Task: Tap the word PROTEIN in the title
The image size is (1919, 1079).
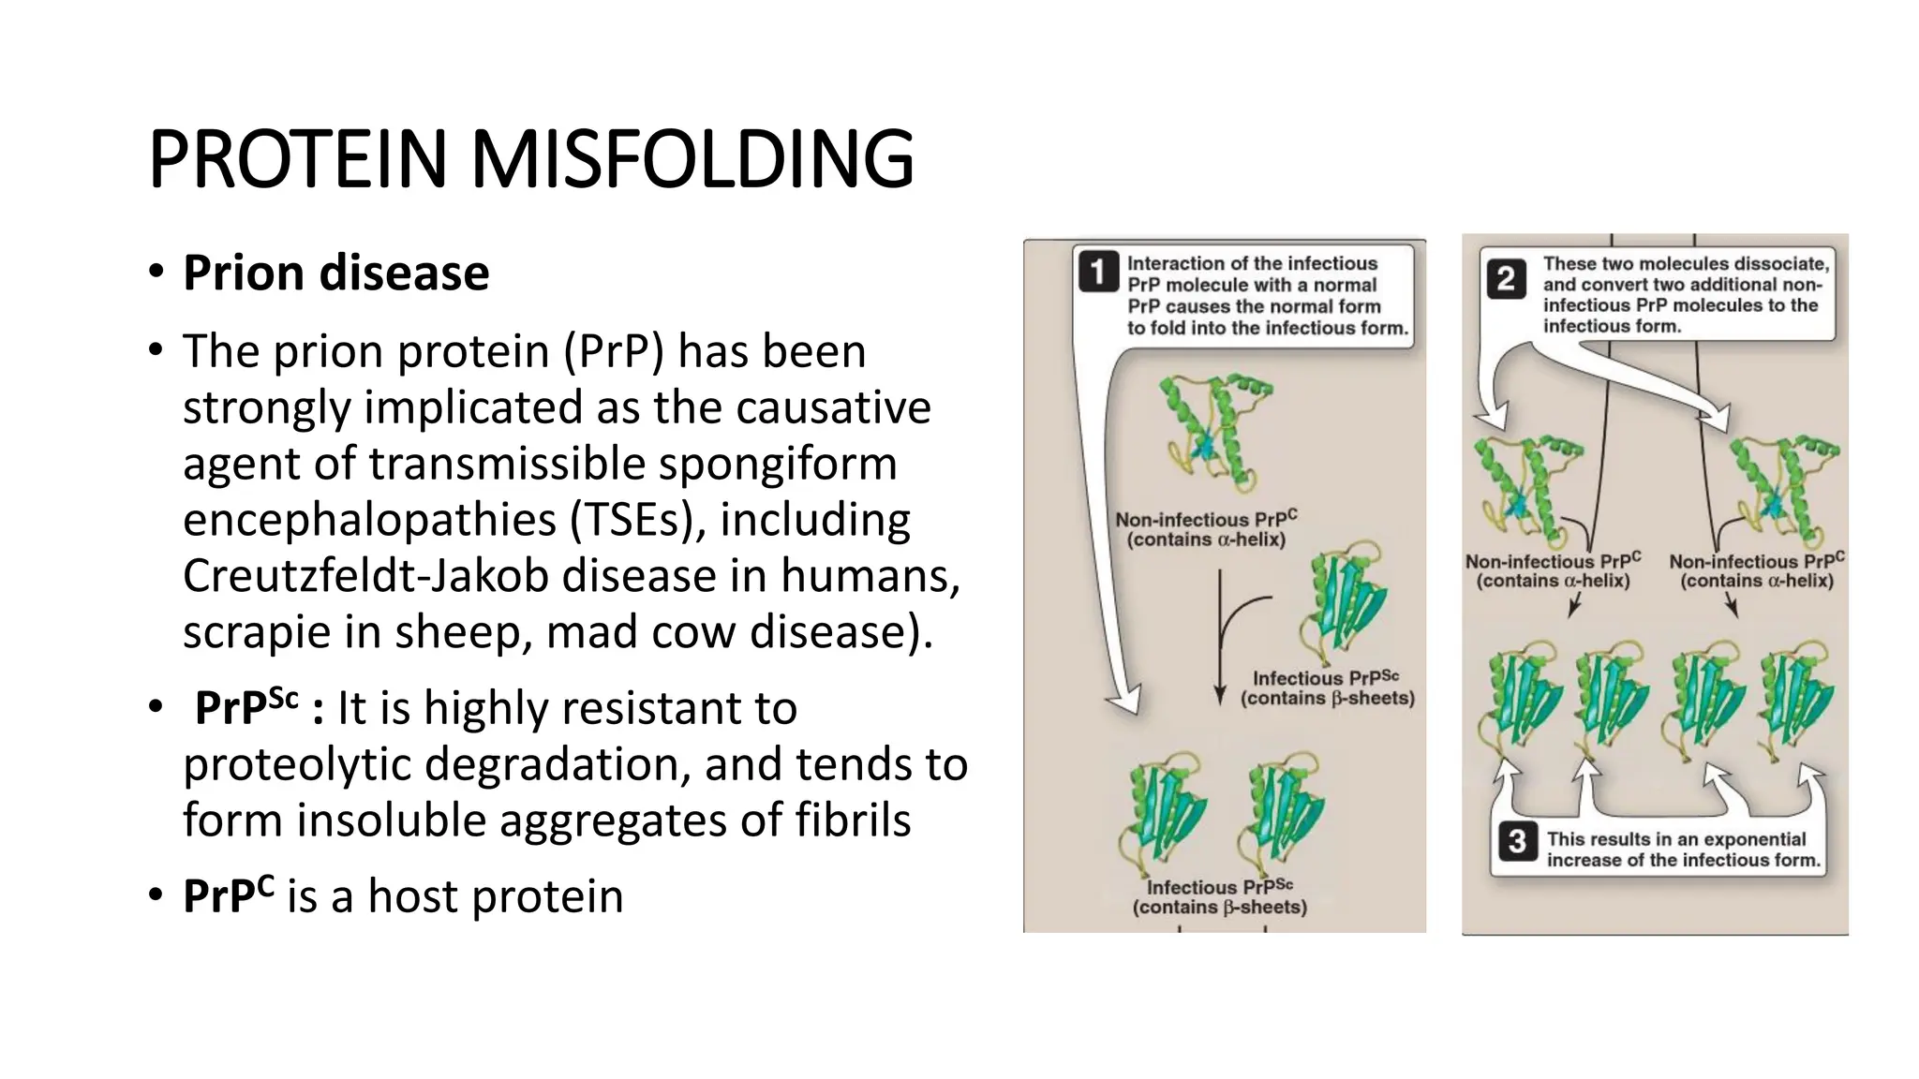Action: (298, 158)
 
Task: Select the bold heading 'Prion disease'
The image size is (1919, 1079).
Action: (335, 273)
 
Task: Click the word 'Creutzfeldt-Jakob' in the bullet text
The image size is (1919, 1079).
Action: (365, 575)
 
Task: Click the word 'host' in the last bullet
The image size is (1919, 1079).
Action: (412, 896)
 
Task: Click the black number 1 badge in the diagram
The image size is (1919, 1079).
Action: (1098, 273)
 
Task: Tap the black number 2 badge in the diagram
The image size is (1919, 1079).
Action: (1506, 279)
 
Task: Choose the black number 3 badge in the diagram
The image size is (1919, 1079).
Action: (1517, 841)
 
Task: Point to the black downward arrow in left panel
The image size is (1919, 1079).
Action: (1220, 646)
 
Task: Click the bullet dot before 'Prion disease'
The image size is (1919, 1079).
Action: (156, 273)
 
